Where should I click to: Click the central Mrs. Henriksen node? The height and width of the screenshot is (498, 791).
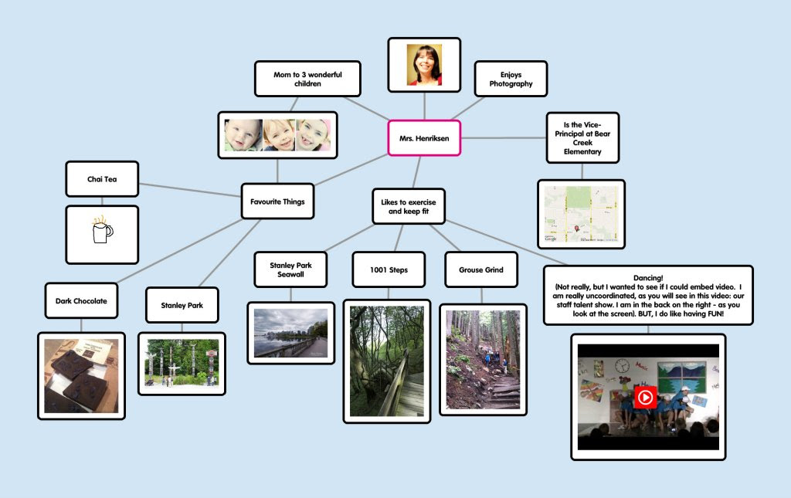424,138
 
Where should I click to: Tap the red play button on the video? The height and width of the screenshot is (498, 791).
645,398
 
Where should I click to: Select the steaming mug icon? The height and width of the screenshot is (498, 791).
101,230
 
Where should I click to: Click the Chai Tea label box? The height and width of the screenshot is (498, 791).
102,179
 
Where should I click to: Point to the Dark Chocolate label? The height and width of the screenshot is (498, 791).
81,300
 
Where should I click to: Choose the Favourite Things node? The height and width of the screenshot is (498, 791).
277,202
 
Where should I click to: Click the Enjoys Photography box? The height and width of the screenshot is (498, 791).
511,79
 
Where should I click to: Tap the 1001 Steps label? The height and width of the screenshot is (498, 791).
389,269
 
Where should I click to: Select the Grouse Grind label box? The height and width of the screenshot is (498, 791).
481,269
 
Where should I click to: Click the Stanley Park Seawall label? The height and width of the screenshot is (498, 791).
290,269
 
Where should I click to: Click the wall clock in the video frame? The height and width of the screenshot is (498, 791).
622,365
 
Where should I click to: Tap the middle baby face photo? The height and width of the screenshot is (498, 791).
278,135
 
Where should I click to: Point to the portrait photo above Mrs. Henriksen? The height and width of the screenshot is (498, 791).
424,65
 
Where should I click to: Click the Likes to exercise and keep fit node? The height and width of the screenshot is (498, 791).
409,206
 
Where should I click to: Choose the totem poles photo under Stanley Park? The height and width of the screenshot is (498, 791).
182,363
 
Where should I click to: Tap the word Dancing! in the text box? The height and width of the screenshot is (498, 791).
647,276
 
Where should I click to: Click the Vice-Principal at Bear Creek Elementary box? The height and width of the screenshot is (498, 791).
582,137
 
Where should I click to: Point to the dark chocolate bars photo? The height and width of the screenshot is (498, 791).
81,375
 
